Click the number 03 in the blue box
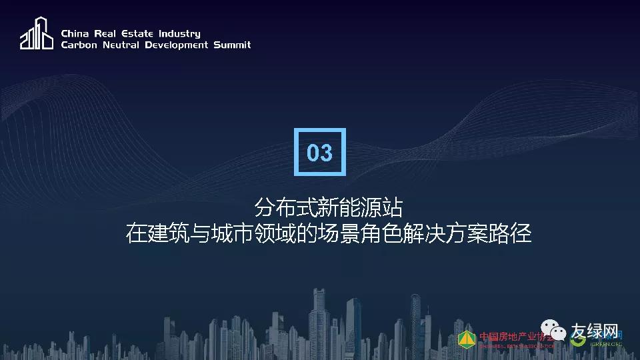(x=319, y=153)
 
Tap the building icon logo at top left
(x=36, y=33)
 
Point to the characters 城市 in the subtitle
(x=233, y=235)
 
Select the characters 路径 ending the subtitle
(x=513, y=235)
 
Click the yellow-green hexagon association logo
(x=467, y=339)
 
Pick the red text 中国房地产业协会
(x=516, y=336)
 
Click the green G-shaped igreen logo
(x=577, y=338)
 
